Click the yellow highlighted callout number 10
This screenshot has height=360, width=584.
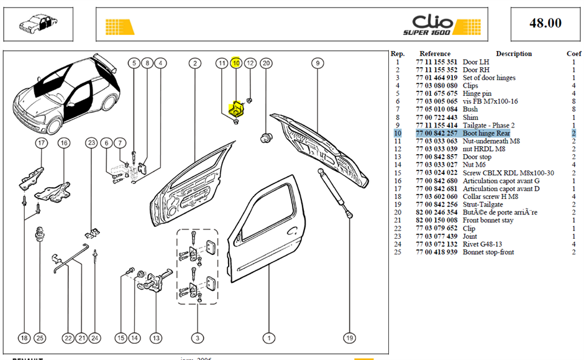(236, 63)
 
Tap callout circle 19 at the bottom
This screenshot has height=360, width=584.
(349, 338)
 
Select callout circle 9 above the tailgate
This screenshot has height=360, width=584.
(317, 63)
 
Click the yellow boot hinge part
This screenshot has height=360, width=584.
(235, 108)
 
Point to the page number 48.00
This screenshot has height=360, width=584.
(545, 23)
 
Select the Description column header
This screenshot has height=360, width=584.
(514, 53)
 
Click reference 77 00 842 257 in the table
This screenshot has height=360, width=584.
(437, 133)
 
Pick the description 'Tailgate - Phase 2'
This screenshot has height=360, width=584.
(489, 125)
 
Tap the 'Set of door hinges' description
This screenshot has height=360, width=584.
(489, 78)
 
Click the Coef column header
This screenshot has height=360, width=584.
(573, 53)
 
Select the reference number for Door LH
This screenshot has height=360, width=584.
(437, 62)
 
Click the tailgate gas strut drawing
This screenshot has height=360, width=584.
(334, 193)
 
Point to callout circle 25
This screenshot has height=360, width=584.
(40, 338)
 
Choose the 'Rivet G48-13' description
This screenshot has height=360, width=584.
(482, 244)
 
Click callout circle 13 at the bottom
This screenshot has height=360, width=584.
(156, 338)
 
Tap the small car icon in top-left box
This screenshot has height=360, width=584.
(38, 24)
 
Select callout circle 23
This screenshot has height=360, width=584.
(91, 143)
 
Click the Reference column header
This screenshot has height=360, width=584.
(435, 53)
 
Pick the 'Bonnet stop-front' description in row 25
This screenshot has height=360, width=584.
(488, 252)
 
